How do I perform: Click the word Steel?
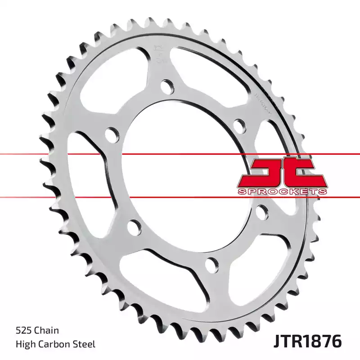pos(84,345)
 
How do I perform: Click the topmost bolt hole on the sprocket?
pos(166,85)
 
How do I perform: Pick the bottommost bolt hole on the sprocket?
pos(211,264)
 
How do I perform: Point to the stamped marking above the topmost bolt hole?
pos(158,53)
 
